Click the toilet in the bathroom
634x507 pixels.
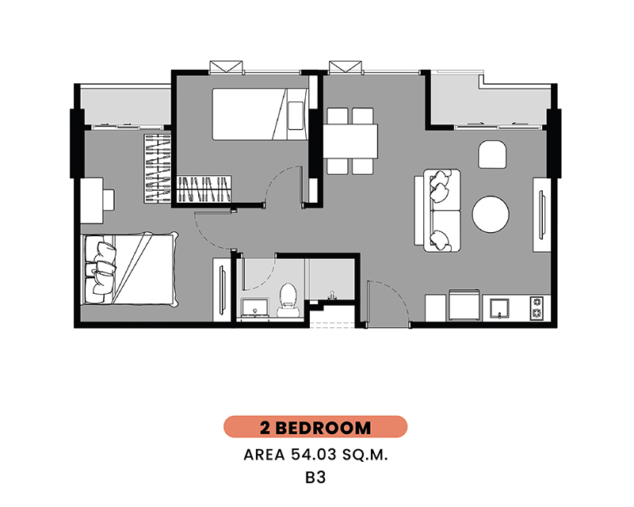[x=288, y=299]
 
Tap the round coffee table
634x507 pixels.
[x=491, y=214]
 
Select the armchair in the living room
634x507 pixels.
[x=492, y=154]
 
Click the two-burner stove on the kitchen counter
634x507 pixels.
[x=537, y=307]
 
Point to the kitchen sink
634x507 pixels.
[x=499, y=308]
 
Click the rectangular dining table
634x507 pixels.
[x=350, y=141]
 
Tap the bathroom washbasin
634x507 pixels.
[x=254, y=307]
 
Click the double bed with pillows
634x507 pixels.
[x=130, y=269]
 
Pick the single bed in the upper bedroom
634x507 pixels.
[x=260, y=114]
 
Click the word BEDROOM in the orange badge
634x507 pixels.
[x=323, y=428]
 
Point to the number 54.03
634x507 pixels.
[x=314, y=455]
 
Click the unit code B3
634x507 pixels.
[x=315, y=478]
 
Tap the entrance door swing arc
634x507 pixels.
[x=399, y=295]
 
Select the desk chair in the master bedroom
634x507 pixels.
[x=109, y=200]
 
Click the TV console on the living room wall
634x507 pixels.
[x=542, y=215]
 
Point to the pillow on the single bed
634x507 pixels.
[x=295, y=116]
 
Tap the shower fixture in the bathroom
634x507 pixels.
[x=332, y=295]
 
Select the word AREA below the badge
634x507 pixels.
[x=264, y=456]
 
